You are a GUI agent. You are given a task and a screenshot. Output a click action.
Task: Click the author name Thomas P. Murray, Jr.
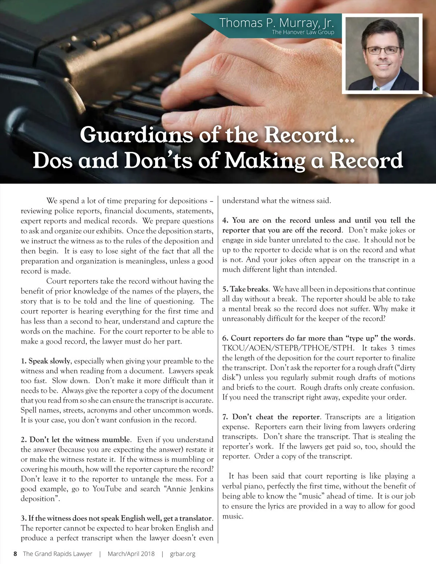pos(276,23)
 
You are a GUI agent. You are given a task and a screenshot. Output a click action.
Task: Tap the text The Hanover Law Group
pos(303,32)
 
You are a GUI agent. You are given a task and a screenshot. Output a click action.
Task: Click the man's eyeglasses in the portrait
pos(383,50)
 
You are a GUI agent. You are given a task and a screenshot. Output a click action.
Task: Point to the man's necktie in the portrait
pos(378,88)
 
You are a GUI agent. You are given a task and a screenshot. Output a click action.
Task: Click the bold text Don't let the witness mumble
pos(80,439)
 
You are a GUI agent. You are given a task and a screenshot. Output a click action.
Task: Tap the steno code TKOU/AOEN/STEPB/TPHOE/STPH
pos(288,348)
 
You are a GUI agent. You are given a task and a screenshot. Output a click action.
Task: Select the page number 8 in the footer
pos(15,554)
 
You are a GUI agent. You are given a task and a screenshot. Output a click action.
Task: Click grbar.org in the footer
pos(182,554)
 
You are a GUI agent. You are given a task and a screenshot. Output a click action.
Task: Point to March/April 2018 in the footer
pos(131,554)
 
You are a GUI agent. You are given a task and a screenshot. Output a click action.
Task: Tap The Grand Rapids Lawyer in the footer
pos(57,554)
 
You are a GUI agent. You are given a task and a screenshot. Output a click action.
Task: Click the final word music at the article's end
pos(232,516)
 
